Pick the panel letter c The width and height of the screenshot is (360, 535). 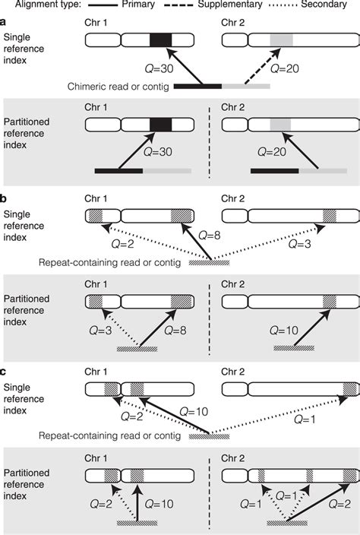tap(5, 370)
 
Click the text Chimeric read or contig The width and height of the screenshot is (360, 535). tap(118, 87)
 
